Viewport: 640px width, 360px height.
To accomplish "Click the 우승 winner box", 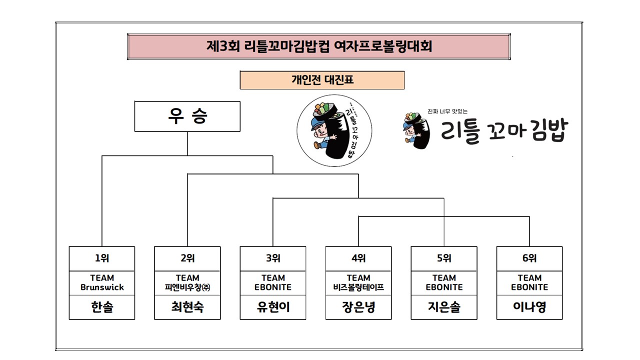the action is (x=187, y=116).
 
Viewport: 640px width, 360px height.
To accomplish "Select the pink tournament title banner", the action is (x=319, y=46).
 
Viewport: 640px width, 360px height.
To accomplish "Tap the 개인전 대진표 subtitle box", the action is (x=322, y=80).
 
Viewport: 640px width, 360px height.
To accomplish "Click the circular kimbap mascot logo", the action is (x=334, y=130).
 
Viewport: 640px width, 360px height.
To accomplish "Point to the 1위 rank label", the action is (x=102, y=258).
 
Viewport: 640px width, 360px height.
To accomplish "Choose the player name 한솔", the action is (x=102, y=307).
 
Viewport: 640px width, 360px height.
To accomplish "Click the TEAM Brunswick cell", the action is (x=102, y=282).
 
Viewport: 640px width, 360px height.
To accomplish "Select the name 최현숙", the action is (x=187, y=307).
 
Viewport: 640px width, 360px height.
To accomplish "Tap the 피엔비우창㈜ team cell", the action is (x=187, y=282).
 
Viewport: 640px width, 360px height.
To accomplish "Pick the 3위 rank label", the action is (x=273, y=258).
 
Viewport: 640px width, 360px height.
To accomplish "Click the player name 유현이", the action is (x=273, y=307).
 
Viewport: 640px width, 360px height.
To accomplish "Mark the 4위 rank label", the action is (x=358, y=258).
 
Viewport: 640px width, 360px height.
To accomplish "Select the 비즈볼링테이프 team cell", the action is (x=358, y=282).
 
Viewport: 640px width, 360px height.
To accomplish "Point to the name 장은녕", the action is (x=358, y=307).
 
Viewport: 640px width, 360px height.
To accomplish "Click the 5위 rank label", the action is (x=444, y=258).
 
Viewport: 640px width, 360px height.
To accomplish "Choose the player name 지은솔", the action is (x=444, y=307).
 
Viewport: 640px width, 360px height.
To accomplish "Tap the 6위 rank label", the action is (x=529, y=258).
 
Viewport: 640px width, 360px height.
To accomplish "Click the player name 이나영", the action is (x=529, y=307).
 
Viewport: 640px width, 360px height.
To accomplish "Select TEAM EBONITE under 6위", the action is (x=529, y=282).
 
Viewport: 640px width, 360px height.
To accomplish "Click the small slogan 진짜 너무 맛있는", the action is (x=447, y=111).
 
